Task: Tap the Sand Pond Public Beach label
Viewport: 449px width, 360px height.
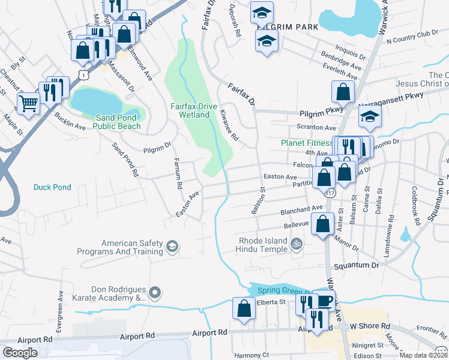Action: [x=118, y=122]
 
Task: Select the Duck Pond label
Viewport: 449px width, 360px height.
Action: [x=52, y=187]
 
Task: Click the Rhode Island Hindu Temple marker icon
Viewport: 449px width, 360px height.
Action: [x=295, y=244]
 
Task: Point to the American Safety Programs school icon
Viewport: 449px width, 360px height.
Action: [x=172, y=247]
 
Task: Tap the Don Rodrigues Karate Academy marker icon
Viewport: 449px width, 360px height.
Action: [x=155, y=293]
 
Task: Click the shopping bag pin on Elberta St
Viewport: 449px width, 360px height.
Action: [x=244, y=308]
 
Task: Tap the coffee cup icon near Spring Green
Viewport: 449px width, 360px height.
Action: [x=325, y=301]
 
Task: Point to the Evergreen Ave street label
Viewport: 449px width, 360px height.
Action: [x=60, y=307]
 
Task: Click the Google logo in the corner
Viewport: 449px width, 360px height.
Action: [x=20, y=353]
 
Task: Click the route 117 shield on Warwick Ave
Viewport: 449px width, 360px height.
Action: [x=331, y=193]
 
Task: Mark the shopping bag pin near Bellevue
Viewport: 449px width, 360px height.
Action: [x=323, y=223]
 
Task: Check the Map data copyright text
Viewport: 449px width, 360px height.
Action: [x=423, y=355]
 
